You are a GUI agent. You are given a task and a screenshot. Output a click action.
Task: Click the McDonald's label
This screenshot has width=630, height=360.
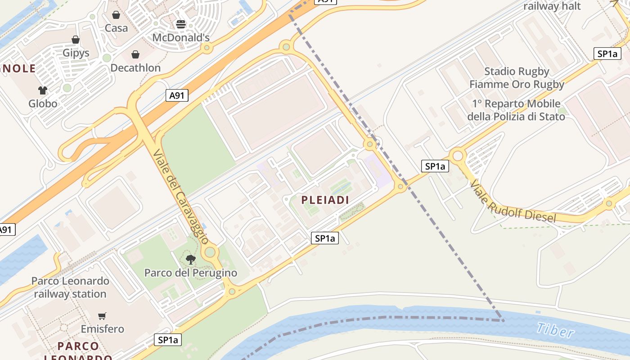181,37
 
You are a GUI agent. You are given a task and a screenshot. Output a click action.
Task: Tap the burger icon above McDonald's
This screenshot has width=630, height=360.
181,24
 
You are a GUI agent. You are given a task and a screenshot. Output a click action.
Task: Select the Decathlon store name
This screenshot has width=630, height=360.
135,68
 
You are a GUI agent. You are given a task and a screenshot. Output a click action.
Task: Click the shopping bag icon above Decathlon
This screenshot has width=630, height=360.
135,54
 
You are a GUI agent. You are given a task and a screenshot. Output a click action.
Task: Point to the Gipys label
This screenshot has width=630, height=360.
76,53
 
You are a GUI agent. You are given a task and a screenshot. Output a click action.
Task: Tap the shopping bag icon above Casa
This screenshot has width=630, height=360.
116,15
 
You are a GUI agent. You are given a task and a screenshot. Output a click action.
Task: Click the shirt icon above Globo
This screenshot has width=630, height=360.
43,90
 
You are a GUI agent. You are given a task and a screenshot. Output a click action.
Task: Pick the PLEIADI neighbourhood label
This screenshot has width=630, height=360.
325,200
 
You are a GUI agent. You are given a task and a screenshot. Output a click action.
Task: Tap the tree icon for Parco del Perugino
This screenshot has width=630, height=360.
191,259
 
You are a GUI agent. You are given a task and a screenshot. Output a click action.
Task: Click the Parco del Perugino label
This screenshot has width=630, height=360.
190,273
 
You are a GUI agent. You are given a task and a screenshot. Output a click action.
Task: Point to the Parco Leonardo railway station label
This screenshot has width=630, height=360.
70,288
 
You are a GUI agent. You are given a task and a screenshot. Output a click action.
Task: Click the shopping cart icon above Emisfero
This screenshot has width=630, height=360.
102,316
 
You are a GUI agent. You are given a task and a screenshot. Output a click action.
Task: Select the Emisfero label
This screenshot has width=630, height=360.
102,329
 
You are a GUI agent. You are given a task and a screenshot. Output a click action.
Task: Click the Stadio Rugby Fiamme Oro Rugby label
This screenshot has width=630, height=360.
517,78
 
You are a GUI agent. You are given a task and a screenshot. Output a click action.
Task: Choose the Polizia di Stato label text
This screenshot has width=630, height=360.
516,110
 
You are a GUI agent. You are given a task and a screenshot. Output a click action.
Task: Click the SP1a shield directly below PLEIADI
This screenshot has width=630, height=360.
324,238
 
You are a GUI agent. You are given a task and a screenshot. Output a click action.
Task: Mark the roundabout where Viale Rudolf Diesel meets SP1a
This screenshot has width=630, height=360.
458,156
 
